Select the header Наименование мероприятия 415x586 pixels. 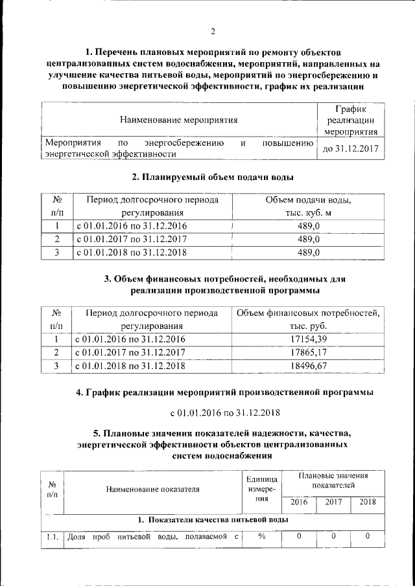click(178, 119)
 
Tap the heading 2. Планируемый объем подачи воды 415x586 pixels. click(212, 177)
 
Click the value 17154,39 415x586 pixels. click(308, 339)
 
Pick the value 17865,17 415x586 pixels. click(308, 352)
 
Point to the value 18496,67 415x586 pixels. click(308, 366)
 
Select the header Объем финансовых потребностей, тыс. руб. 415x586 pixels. click(308, 319)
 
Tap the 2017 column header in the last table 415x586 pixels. click(333, 502)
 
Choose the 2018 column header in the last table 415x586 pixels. click(367, 502)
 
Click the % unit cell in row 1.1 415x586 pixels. click(262, 536)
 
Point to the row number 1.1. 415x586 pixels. click(53, 536)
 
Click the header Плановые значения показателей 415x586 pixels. click(333, 480)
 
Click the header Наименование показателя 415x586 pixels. click(153, 490)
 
